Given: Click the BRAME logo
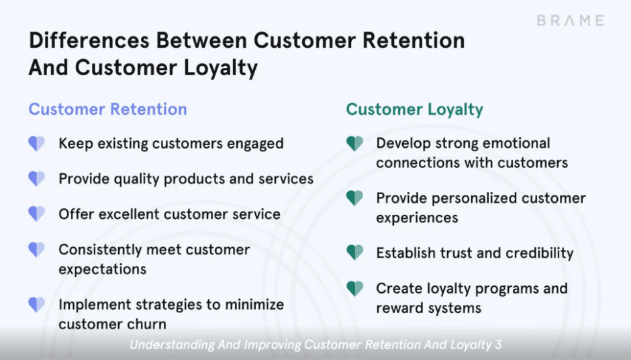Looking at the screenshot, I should [x=570, y=20].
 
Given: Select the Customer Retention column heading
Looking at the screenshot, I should [x=107, y=109].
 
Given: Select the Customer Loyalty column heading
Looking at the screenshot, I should [x=414, y=109].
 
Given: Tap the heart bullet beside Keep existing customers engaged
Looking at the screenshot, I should [x=36, y=144].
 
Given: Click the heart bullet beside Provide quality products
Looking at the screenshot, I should [x=36, y=179].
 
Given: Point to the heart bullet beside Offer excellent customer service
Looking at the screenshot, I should [x=36, y=214].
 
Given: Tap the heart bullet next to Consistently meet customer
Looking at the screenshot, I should [x=36, y=250].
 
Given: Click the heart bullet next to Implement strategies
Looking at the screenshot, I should [x=36, y=305].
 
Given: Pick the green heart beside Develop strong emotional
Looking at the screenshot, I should [x=354, y=144].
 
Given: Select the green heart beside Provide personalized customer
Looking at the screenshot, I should [x=354, y=198].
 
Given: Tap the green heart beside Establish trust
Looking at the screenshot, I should [x=354, y=253].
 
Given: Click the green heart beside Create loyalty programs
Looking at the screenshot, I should [x=354, y=289].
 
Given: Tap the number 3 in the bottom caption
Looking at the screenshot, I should [x=497, y=345].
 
